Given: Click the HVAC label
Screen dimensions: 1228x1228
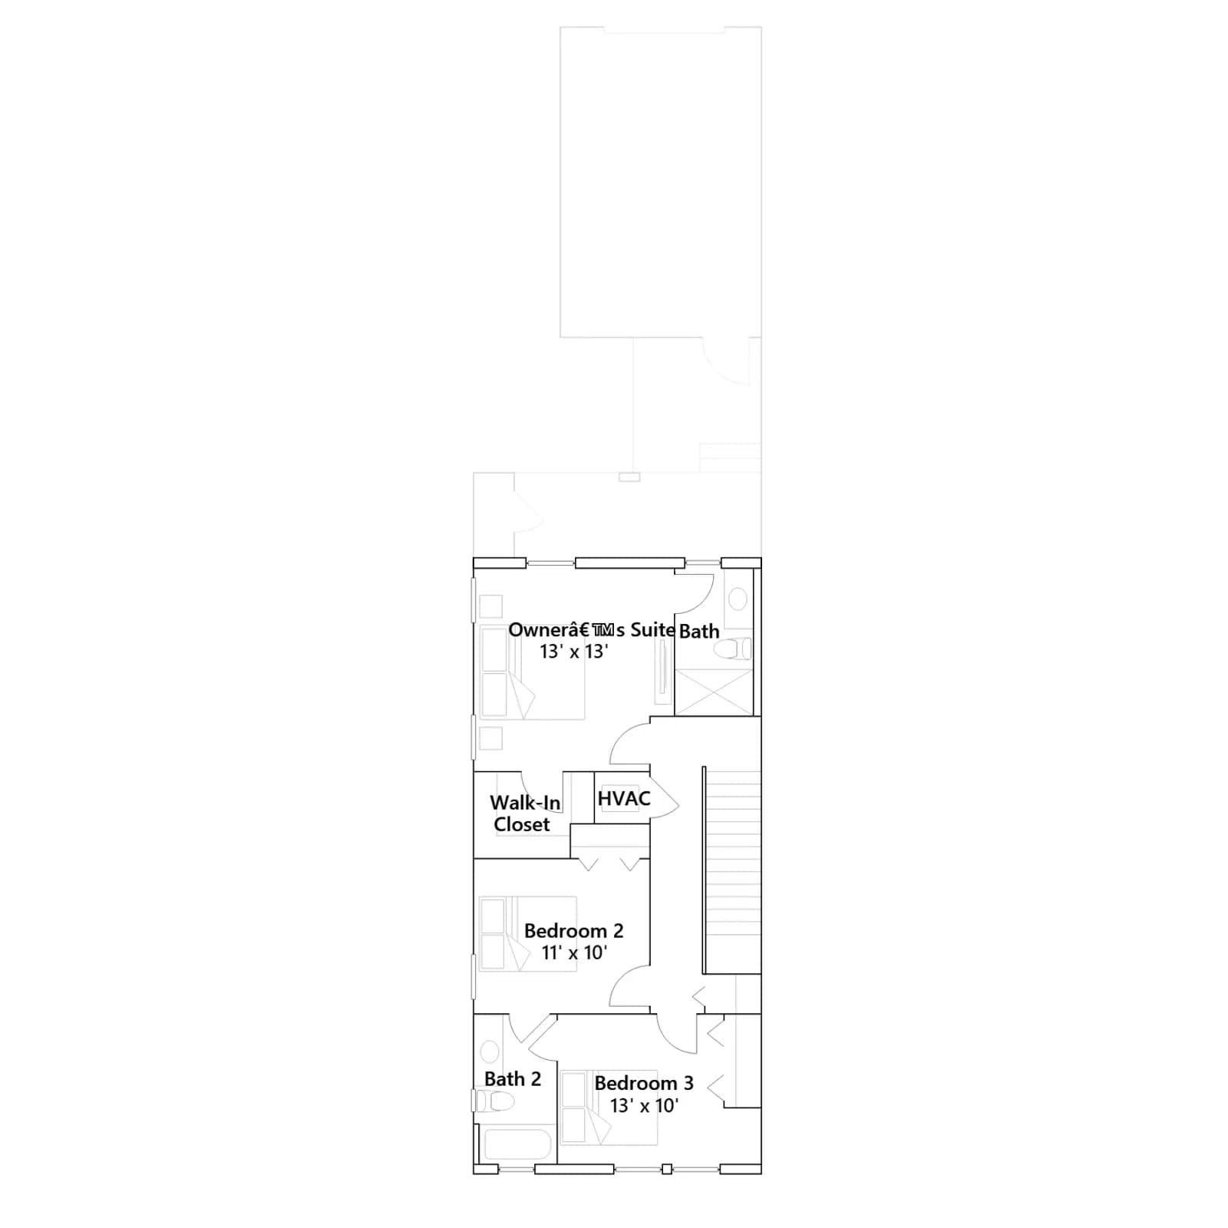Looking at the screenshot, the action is coord(624,799).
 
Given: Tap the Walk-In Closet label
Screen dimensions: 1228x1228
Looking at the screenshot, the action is coord(525,814).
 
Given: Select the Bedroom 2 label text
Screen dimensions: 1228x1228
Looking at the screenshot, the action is coord(573,931).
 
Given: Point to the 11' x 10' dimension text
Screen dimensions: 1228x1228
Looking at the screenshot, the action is coord(574,952).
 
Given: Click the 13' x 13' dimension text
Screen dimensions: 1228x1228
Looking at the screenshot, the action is coord(574,652).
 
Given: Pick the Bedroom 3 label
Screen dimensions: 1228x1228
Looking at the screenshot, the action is coord(644,1083).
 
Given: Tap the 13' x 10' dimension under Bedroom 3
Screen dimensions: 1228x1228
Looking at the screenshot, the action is coord(645,1105).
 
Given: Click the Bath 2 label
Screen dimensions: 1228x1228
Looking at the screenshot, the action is coord(513,1079).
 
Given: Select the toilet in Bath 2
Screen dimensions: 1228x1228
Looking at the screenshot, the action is coord(492,1101).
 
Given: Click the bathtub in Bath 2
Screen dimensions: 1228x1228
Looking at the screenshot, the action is coord(516,1144).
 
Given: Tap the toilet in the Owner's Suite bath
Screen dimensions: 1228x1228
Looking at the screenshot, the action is coord(733,649).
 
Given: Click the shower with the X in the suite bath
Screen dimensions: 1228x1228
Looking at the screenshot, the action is coord(713,692).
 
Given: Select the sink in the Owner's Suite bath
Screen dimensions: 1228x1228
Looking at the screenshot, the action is coord(738,599).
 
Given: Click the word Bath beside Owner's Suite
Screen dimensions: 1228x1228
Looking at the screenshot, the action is coord(699,632).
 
